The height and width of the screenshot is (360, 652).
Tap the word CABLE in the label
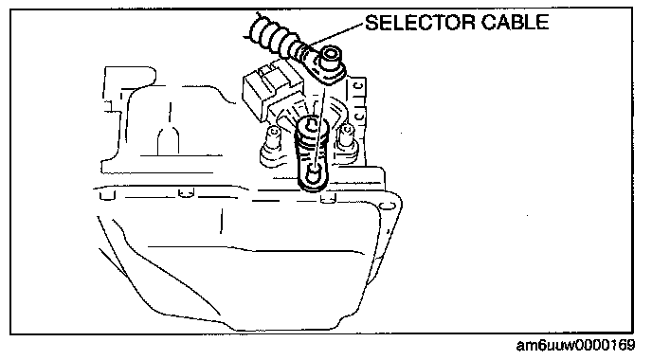point(516,23)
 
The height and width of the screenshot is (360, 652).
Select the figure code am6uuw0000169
point(575,345)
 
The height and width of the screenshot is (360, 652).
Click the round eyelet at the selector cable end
point(332,56)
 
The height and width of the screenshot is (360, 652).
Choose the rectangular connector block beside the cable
point(260,92)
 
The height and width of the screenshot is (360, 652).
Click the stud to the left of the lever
point(273,139)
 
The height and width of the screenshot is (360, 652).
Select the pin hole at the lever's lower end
point(314,171)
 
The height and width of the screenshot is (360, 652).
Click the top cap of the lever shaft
point(312,124)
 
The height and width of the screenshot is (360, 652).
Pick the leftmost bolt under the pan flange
point(107,194)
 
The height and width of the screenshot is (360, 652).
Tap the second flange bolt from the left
point(186,192)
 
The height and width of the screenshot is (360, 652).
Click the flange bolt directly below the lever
point(329,199)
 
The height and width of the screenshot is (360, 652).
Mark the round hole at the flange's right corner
point(388,207)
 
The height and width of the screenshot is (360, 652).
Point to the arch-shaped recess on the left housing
point(169,140)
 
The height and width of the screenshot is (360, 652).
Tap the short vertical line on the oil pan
point(221,221)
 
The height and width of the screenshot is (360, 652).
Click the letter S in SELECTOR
point(371,23)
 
